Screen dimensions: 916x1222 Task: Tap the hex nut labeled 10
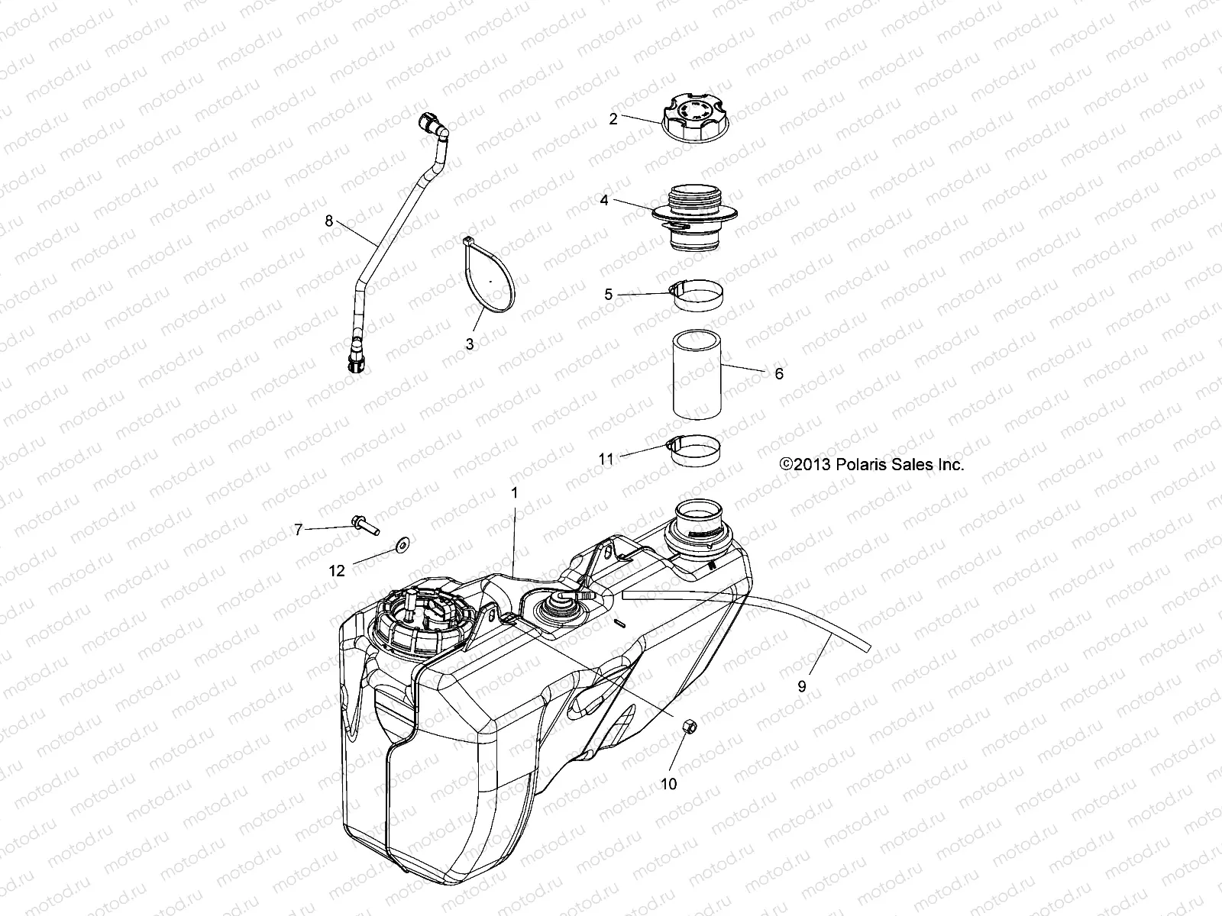pos(686,727)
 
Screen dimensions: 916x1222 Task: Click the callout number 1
pos(514,493)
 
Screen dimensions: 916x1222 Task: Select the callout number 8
pos(329,221)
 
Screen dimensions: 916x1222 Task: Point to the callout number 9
pos(801,686)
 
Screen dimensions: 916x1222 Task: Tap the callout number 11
pos(606,459)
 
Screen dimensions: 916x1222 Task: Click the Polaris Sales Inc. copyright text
pos(871,464)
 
